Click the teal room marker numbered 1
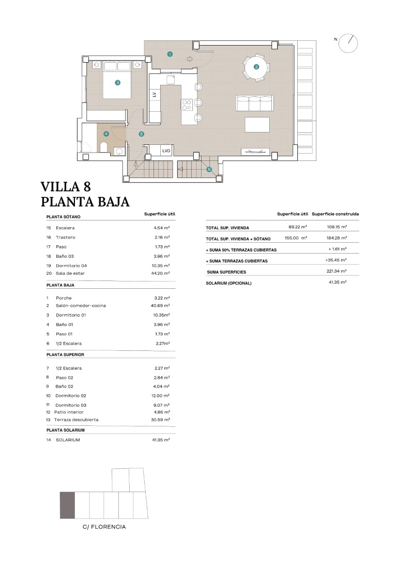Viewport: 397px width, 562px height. point(170,54)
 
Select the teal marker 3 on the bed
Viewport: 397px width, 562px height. point(117,82)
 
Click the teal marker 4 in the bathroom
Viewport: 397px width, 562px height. point(106,134)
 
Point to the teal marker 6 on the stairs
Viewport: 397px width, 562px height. point(209,169)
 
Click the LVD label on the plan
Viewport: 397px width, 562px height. point(166,151)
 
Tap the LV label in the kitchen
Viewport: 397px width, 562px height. point(155,94)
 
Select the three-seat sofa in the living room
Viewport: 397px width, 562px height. point(254,103)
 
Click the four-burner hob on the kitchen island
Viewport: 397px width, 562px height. point(187,105)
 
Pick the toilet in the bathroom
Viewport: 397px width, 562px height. point(103,147)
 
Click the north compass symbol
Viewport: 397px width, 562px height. point(348,42)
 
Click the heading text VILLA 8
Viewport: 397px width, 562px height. point(66,187)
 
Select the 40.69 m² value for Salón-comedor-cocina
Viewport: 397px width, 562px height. point(160,306)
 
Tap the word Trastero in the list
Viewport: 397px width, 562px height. point(66,238)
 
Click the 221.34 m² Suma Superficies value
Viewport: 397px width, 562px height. point(337,271)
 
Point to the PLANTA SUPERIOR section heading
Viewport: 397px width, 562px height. point(65,354)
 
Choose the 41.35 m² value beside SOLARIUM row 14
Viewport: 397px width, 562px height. point(161,440)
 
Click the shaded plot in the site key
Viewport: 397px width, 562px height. point(67,506)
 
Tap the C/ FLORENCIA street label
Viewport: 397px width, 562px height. point(104,527)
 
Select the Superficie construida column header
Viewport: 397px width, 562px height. point(335,214)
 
